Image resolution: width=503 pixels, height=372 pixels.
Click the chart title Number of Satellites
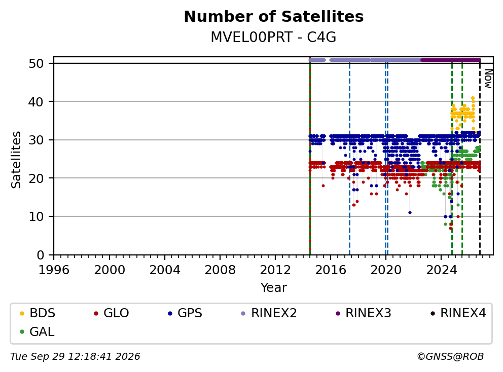[x=274, y=17]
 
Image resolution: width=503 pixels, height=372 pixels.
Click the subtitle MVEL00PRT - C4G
[x=273, y=37]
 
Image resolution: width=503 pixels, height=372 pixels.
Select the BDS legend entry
[x=38, y=313]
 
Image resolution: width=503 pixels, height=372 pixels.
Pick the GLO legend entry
[x=112, y=313]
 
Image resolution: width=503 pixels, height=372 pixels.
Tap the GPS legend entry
[x=185, y=313]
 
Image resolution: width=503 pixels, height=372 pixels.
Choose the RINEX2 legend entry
[x=269, y=313]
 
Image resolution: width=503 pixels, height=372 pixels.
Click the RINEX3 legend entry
[x=363, y=313]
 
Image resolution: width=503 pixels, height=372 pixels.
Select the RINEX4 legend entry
[x=458, y=313]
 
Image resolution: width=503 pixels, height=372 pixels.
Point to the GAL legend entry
[x=37, y=331]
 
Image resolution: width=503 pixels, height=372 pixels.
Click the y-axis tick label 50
[x=36, y=63]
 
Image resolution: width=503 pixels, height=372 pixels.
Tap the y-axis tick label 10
[x=36, y=217]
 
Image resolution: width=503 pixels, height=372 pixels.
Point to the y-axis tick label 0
[x=41, y=255]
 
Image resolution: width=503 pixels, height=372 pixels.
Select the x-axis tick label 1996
[x=54, y=270]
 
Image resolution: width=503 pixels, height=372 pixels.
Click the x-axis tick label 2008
[x=220, y=270]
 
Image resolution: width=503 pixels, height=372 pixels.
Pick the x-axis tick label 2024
[x=442, y=270]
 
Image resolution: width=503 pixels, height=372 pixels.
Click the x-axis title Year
[x=274, y=288]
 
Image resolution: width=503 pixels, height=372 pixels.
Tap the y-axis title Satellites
[x=16, y=160]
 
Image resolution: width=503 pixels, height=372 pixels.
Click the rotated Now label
[x=488, y=79]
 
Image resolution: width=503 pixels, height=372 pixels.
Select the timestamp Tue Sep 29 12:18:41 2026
[x=75, y=357]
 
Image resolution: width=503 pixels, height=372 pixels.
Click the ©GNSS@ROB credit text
[x=450, y=357]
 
